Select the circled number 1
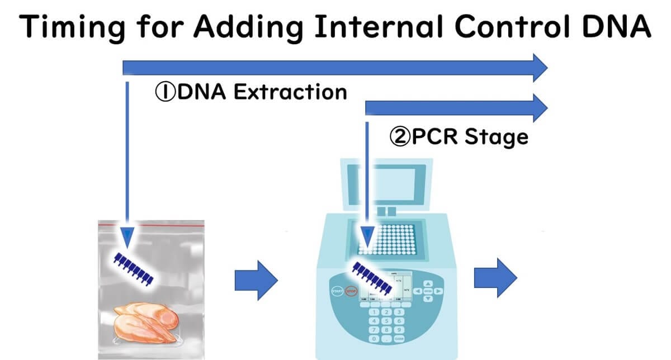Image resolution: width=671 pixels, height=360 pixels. (x=165, y=92)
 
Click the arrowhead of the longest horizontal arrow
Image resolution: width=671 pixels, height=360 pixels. (x=540, y=68)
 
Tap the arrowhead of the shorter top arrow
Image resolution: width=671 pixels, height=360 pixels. (x=540, y=107)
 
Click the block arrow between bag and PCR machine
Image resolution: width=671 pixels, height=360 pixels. (x=256, y=278)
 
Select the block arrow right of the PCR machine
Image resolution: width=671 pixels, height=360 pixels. (x=496, y=278)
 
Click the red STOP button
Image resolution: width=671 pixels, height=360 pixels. (x=351, y=291)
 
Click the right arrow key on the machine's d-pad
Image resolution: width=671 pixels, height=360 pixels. (x=438, y=291)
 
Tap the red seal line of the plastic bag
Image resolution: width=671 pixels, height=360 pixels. (x=151, y=223)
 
